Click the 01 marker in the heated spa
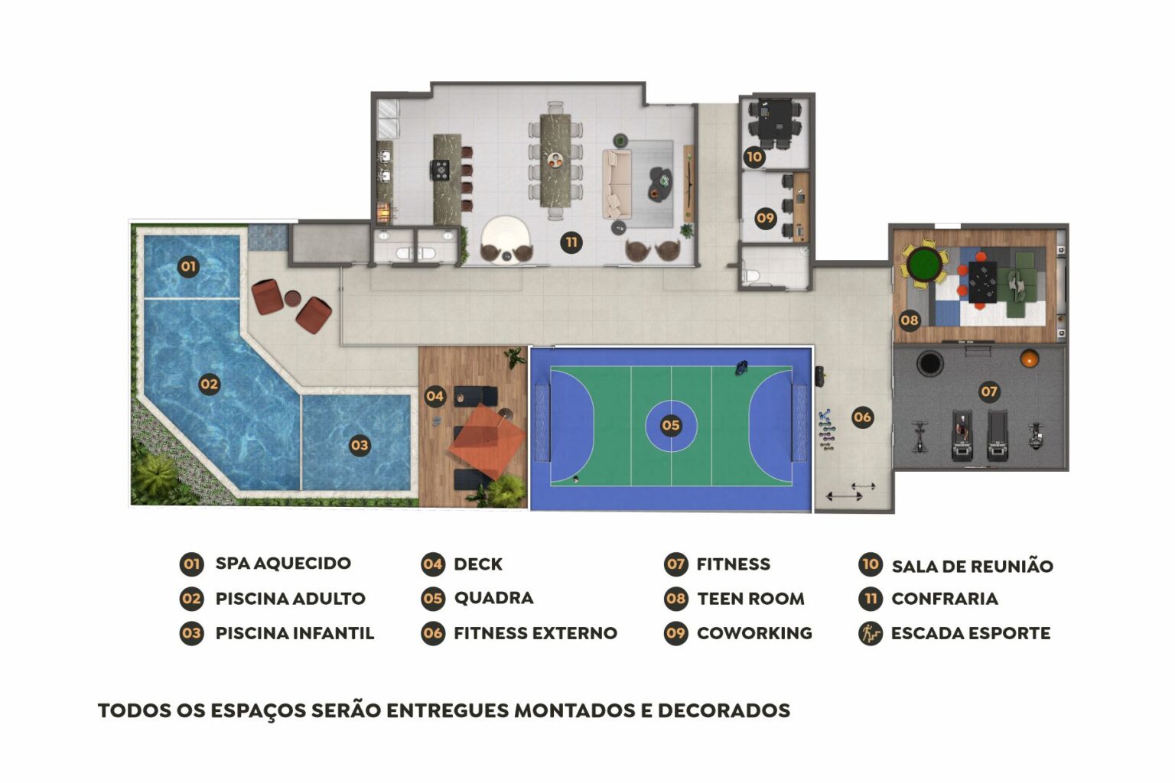[187, 266]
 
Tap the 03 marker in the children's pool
[360, 446]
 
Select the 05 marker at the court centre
[670, 425]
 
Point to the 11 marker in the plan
[571, 242]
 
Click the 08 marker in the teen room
[909, 320]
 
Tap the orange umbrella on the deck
[487, 441]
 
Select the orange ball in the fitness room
[1029, 359]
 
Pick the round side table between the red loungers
[291, 298]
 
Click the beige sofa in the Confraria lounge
[617, 184]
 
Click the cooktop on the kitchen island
[440, 171]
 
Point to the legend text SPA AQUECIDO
[283, 564]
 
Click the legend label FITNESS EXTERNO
[535, 633]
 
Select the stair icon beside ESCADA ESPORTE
[871, 633]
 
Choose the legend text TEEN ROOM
[750, 599]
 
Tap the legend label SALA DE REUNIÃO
[972, 566]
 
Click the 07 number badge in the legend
[675, 564]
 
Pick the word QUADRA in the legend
[493, 598]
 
